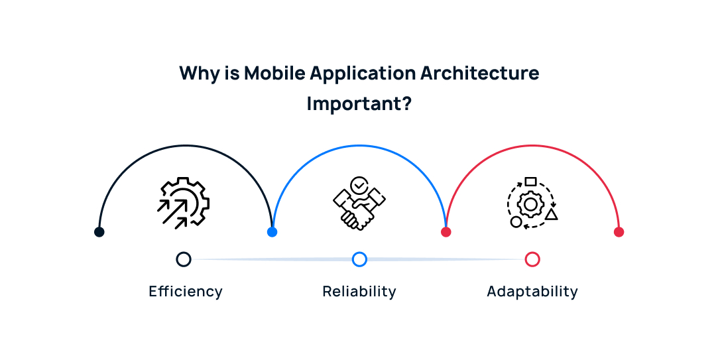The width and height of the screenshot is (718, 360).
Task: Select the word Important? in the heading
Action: coord(359,104)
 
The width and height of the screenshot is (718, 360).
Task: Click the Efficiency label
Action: coord(186,292)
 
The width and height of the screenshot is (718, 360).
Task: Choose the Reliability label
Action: coord(359,292)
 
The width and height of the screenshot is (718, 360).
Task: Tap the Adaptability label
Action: coord(532,292)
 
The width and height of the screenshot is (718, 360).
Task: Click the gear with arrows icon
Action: coord(183,203)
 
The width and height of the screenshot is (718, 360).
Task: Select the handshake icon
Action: coord(359,207)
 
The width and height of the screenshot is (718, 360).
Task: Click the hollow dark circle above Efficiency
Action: coord(184,259)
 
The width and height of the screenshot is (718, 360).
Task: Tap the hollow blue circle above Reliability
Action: coord(359,259)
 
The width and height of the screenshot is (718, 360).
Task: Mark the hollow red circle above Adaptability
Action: coord(532,259)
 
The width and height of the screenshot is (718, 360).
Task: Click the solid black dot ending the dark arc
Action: coord(99,232)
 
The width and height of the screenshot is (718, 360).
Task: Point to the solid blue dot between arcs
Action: coord(272,232)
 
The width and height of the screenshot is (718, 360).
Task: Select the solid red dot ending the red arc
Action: coord(619,232)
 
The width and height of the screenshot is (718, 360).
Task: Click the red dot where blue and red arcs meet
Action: coord(446,232)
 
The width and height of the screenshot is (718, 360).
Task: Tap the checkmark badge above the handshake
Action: coord(359,185)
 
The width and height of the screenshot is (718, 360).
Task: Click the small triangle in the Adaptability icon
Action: coord(551,215)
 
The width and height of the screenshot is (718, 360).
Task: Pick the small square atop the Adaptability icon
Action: coord(530,182)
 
